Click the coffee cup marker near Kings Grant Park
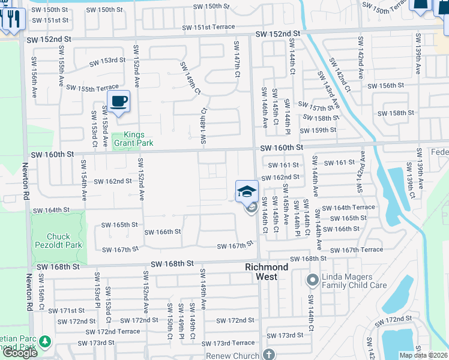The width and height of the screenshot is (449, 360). click(119, 101)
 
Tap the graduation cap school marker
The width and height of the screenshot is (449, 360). click(247, 191)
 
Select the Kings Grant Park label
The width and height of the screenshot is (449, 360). click(130, 139)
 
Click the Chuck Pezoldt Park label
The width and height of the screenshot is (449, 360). click(59, 241)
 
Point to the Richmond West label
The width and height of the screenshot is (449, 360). click(266, 271)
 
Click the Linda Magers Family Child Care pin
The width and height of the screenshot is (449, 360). click(312, 280)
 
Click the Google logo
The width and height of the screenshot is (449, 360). click(20, 353)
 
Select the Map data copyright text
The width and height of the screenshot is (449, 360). click(424, 355)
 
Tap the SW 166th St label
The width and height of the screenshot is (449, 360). click(162, 232)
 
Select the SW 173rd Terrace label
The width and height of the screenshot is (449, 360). click(228, 343)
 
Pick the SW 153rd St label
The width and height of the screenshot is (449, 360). click(107, 61)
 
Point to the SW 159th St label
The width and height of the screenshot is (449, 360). click(318, 130)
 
